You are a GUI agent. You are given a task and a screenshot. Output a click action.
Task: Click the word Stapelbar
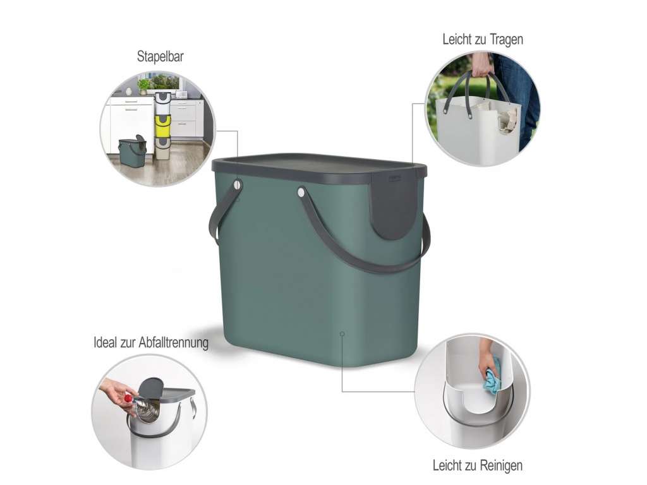[160, 56]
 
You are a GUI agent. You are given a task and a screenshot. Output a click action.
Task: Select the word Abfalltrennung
[173, 343]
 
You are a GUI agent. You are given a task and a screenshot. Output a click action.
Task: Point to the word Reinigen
[500, 465]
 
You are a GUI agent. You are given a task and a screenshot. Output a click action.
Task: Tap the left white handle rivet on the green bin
[238, 185]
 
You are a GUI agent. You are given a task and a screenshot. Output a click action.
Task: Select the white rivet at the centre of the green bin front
[301, 192]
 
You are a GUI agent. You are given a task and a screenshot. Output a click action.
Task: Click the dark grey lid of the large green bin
[319, 167]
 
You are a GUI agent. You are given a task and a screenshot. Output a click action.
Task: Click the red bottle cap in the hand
[128, 398]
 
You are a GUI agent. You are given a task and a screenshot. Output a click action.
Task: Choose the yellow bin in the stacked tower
[162, 126]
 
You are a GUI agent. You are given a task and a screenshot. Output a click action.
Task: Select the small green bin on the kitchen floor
[133, 152]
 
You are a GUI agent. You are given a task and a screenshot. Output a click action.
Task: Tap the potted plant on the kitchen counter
[143, 87]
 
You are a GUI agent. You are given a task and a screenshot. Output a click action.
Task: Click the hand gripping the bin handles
[482, 65]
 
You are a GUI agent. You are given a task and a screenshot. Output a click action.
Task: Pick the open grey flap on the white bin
[150, 387]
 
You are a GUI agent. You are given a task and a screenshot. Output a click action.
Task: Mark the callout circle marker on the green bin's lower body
[342, 333]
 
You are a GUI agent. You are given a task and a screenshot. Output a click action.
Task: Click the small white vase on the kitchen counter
[128, 91]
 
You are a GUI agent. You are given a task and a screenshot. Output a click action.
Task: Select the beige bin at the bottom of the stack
[162, 149]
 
